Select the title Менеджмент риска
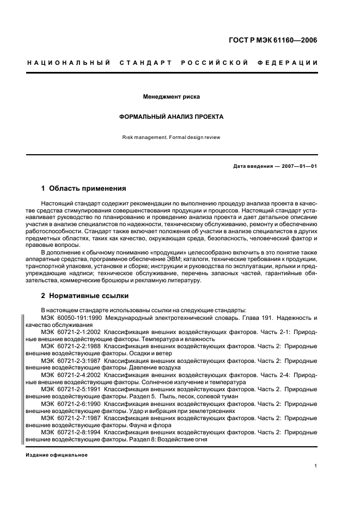coord(171,97)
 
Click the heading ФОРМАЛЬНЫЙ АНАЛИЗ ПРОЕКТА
coord(171,117)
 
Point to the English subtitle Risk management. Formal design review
coord(171,137)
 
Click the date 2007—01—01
coord(298,166)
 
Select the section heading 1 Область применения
coord(83,189)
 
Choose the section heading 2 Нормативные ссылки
coord(85,296)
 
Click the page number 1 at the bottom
coord(316,466)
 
